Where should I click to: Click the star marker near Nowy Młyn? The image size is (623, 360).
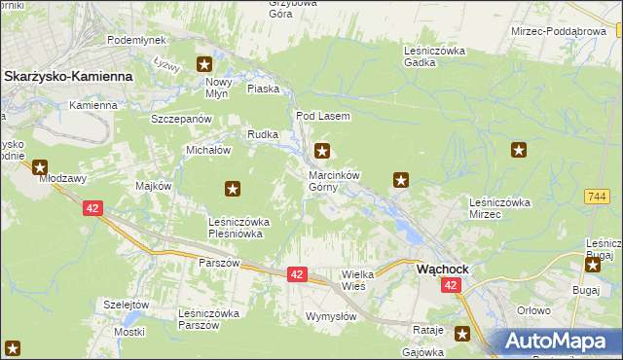pyautogui.click(x=204, y=65)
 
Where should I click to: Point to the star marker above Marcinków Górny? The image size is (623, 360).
pyautogui.click(x=322, y=151)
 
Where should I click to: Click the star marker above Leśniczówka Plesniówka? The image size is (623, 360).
pyautogui.click(x=233, y=188)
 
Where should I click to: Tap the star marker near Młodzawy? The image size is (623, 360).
pyautogui.click(x=40, y=166)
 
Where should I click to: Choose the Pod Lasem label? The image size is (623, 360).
pyautogui.click(x=315, y=116)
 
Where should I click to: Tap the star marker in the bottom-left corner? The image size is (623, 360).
pyautogui.click(x=13, y=347)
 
